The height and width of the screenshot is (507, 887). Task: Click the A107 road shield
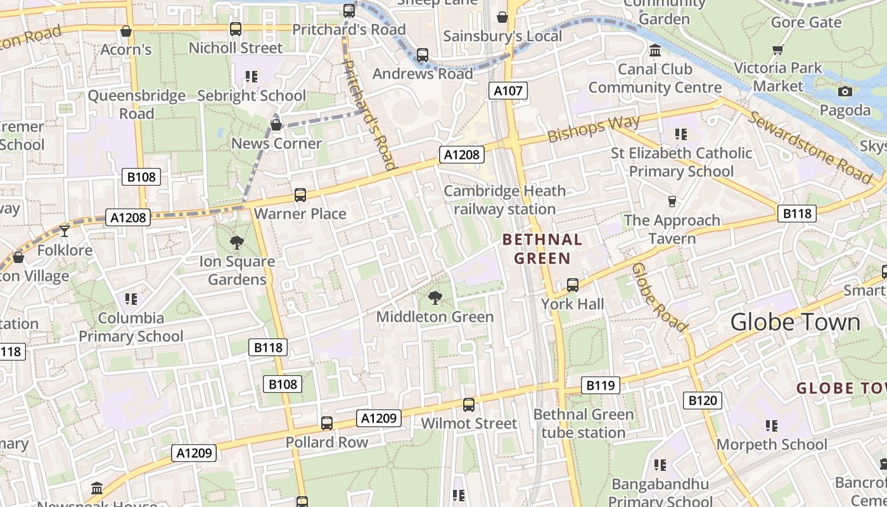(508, 91)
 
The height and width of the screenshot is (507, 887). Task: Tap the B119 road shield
(601, 385)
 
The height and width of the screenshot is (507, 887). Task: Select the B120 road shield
(703, 400)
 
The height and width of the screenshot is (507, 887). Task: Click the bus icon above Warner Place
(300, 195)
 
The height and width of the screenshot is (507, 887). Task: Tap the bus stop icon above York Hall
(573, 285)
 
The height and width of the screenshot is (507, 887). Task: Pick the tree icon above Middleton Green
(435, 297)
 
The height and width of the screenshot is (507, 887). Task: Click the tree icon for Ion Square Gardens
(237, 242)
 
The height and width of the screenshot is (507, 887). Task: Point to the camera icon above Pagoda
(845, 91)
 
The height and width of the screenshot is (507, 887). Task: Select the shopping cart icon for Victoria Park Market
(777, 49)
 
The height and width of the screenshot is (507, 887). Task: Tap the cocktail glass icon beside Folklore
(64, 231)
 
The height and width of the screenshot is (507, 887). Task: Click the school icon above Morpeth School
(771, 425)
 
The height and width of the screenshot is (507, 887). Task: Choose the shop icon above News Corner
(276, 125)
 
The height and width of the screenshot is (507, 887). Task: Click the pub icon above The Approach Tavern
(672, 201)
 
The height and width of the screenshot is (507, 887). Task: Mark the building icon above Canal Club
(655, 49)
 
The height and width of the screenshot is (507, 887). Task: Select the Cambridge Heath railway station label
(504, 200)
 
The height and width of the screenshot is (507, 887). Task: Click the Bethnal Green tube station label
(583, 423)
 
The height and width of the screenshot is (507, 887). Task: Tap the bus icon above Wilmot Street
(469, 404)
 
